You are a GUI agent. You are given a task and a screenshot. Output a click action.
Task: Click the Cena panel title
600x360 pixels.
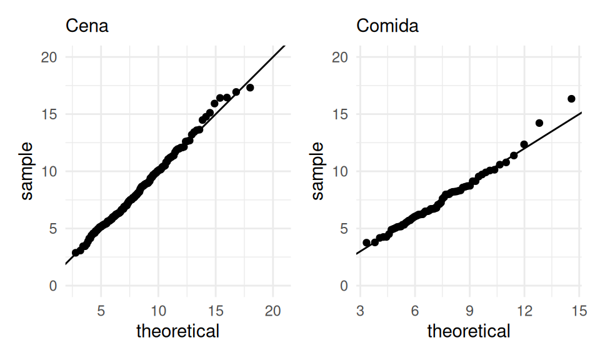[87, 26]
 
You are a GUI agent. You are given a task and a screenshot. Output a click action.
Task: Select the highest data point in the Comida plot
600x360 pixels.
[571, 99]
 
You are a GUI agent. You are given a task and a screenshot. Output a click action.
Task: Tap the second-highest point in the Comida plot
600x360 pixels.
[539, 123]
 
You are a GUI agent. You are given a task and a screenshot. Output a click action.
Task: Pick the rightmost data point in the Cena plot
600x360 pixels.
[250, 87]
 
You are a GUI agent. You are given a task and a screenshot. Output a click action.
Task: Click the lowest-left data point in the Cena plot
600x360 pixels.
[76, 252]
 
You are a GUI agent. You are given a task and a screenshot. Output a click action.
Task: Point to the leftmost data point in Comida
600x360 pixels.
[366, 242]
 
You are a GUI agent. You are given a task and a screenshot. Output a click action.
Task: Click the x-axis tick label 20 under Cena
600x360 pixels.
[272, 311]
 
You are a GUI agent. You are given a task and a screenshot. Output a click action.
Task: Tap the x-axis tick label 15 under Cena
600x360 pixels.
[216, 311]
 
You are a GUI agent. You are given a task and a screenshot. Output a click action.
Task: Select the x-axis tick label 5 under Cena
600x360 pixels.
[101, 311]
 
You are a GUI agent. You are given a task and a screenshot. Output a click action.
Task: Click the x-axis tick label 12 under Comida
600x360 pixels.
[524, 311]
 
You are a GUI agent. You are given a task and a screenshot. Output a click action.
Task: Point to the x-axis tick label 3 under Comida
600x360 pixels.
[360, 311]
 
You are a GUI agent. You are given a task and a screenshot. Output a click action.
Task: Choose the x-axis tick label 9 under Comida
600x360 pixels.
[469, 311]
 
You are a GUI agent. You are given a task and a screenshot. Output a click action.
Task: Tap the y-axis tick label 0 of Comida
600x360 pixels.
[345, 286]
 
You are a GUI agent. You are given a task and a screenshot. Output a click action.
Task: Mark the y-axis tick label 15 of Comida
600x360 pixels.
[341, 114]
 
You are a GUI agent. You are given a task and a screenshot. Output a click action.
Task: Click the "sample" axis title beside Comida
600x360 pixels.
[318, 171]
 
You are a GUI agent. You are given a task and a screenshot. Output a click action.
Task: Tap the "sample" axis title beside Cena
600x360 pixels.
[27, 171]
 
